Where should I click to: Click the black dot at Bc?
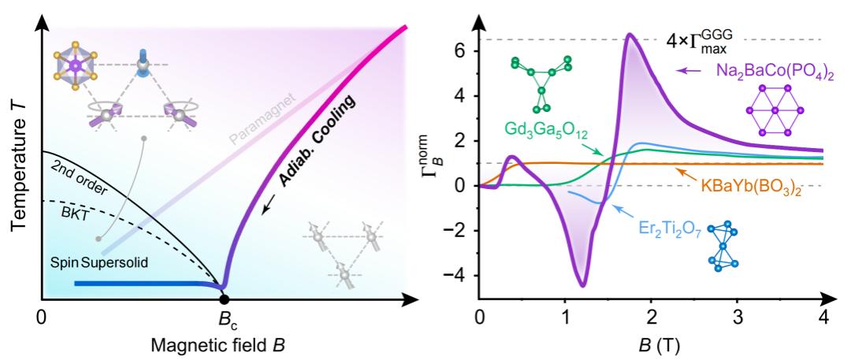point(225,299)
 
